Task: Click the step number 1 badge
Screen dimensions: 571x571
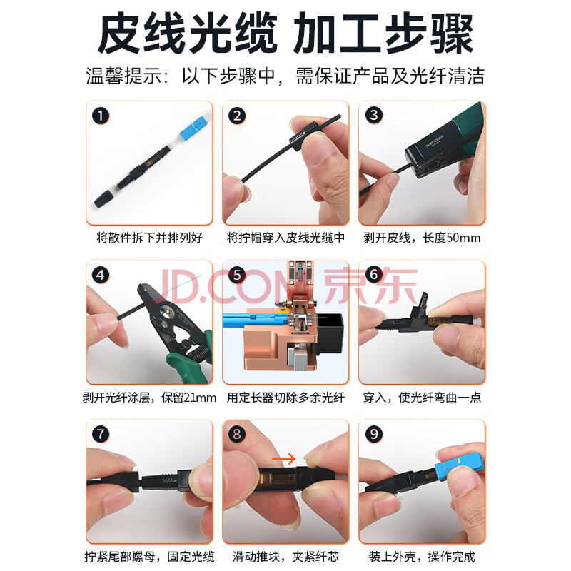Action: point(101,116)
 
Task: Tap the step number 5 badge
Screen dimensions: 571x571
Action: point(237,275)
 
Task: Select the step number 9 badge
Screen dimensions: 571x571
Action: point(373,434)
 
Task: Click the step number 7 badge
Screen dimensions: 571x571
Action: point(101,434)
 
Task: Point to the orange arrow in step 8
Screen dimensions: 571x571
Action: point(283,458)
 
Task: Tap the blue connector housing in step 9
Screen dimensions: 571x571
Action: point(460,466)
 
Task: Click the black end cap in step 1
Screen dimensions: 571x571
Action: point(104,198)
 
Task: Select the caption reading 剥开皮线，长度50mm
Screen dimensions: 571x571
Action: point(422,238)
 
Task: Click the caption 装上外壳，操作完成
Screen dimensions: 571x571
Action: point(422,557)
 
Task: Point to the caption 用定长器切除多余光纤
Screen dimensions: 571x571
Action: point(285,398)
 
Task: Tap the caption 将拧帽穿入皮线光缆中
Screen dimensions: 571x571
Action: point(285,238)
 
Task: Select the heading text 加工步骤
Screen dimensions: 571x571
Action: point(383,33)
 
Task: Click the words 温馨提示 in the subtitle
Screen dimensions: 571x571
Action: point(123,76)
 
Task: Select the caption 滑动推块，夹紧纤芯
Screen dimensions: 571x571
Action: point(285,557)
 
